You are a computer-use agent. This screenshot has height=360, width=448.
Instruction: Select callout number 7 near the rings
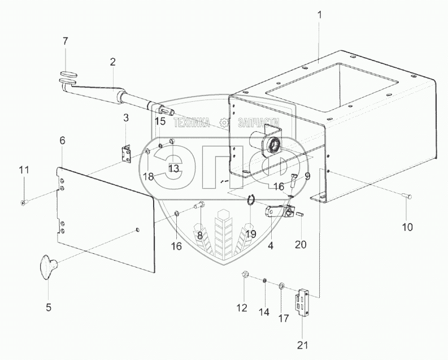[x=65, y=41]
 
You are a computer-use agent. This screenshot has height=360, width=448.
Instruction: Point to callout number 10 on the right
[x=407, y=227]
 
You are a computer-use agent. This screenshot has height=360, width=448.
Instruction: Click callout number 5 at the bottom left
[x=48, y=307]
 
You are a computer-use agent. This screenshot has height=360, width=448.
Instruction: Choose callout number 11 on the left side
[x=23, y=170]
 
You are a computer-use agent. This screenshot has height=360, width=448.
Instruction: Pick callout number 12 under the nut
[x=242, y=308]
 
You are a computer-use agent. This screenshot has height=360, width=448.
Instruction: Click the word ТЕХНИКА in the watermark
[x=192, y=122]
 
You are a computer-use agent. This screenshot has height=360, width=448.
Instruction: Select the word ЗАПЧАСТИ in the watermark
[x=259, y=122]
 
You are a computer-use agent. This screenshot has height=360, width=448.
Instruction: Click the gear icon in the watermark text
[x=225, y=122]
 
